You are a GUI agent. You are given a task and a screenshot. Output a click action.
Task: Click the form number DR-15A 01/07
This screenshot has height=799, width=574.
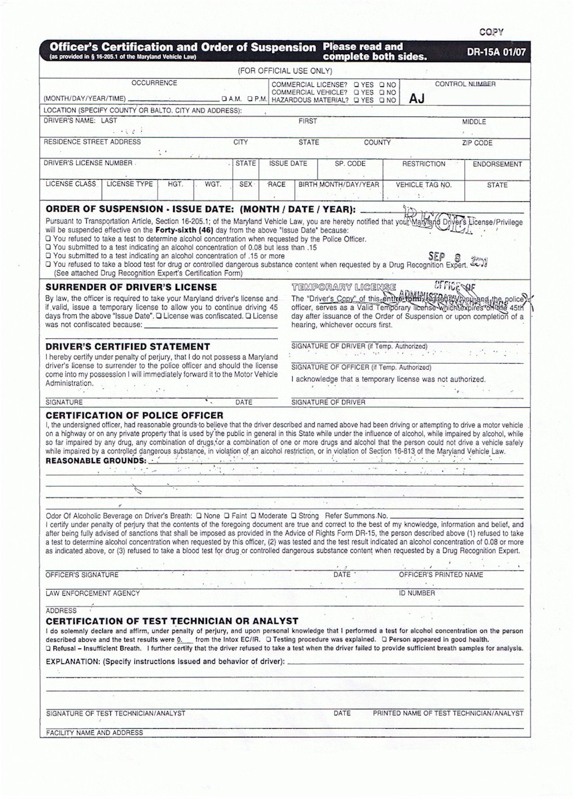[494, 51]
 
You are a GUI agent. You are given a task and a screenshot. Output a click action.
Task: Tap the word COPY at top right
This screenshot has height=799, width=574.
[492, 31]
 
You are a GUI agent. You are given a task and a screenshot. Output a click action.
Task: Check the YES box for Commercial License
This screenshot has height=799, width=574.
[357, 85]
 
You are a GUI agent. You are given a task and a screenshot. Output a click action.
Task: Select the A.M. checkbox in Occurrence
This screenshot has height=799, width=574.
[214, 100]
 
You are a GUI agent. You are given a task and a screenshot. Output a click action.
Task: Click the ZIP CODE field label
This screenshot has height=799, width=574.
[476, 143]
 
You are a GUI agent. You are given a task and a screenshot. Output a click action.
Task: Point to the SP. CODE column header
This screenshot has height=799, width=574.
[350, 164]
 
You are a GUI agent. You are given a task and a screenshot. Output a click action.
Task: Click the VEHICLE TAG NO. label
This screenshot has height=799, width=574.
[424, 185]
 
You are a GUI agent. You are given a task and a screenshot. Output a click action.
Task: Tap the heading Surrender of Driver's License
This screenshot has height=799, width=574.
[130, 287]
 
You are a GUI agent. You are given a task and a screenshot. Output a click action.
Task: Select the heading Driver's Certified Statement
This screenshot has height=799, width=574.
[128, 346]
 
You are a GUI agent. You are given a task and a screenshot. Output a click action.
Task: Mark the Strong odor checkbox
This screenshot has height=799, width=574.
[293, 516]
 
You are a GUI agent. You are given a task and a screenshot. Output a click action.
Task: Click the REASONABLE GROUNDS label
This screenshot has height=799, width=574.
[96, 461]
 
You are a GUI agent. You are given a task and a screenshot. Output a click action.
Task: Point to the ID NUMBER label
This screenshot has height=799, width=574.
[417, 593]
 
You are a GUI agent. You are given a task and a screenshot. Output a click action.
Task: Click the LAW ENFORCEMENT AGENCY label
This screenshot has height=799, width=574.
[93, 593]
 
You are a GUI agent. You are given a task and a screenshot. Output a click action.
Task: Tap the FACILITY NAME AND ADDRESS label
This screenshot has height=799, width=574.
[94, 733]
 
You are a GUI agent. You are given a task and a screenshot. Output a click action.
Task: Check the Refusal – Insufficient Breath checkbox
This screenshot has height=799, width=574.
[47, 649]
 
